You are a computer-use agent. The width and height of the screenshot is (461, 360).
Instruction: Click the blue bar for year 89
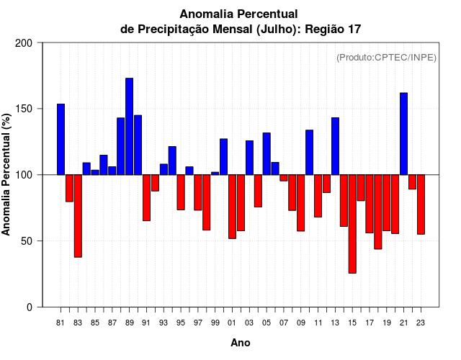(x=129, y=126)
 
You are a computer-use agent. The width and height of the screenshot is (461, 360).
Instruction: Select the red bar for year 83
(x=78, y=215)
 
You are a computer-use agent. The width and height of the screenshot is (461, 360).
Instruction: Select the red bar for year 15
(x=352, y=223)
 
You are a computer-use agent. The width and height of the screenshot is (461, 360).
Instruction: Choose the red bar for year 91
(x=146, y=197)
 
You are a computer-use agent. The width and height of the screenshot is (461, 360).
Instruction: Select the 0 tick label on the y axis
(x=30, y=307)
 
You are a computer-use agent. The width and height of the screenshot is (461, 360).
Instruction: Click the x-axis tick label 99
(x=215, y=323)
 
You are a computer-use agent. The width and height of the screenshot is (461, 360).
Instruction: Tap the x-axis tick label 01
(x=232, y=323)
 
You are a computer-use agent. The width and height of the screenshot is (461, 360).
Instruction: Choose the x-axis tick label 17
(x=370, y=323)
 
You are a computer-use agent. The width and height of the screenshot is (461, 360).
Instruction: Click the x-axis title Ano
(x=241, y=343)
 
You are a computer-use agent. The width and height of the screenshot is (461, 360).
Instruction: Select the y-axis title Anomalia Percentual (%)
(x=7, y=174)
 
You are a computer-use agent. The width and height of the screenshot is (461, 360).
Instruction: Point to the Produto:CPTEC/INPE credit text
(x=387, y=57)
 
